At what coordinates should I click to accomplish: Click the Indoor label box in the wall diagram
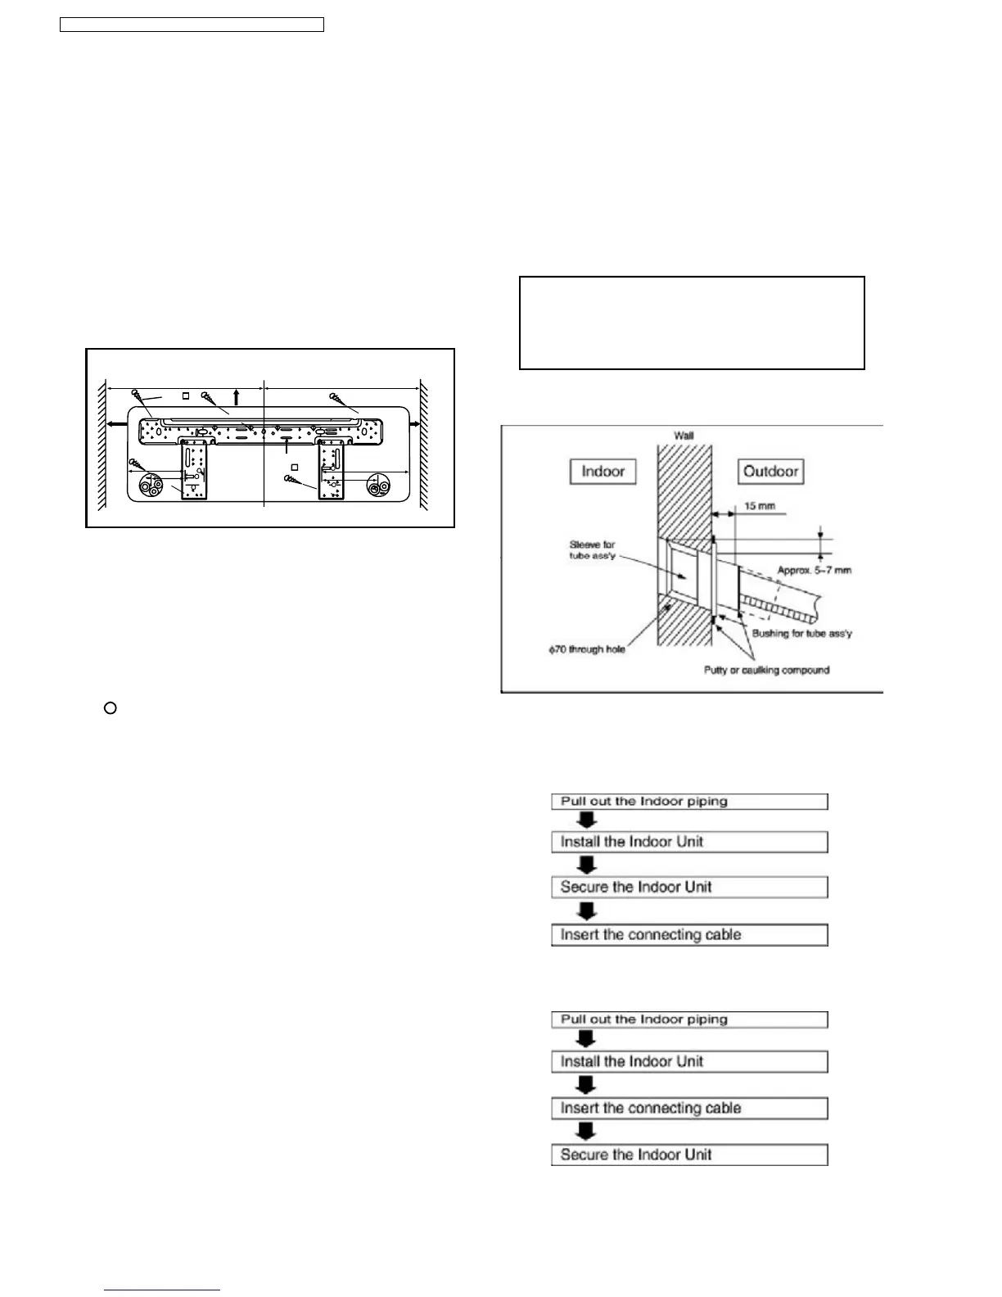[603, 472]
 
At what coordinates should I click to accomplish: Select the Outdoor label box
[770, 472]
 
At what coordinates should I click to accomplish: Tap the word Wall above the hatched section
[684, 436]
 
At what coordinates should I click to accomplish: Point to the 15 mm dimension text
[759, 506]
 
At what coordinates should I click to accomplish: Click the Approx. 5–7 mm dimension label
[814, 570]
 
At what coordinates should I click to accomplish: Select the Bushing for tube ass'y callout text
[801, 633]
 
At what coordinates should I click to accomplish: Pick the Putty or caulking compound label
[766, 670]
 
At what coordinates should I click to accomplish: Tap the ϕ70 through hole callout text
[587, 649]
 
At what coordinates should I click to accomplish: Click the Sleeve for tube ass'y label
[592, 550]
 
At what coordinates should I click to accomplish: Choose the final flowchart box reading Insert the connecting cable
[689, 935]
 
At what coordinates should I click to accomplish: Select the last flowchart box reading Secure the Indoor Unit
[689, 1155]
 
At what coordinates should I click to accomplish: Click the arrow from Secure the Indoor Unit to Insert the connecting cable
[587, 911]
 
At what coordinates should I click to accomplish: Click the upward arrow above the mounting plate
[237, 398]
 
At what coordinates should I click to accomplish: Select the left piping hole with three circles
[152, 486]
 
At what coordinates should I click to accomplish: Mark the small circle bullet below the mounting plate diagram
[111, 707]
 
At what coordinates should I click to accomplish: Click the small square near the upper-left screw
[186, 395]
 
